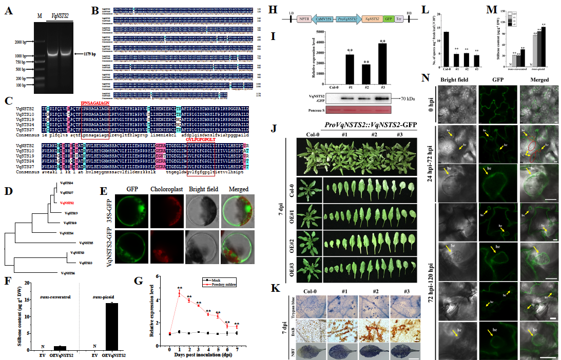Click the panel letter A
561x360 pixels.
9,9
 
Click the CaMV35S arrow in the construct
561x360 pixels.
322,17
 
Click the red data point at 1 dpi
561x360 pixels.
179,294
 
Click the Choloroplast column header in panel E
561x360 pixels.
165,181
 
